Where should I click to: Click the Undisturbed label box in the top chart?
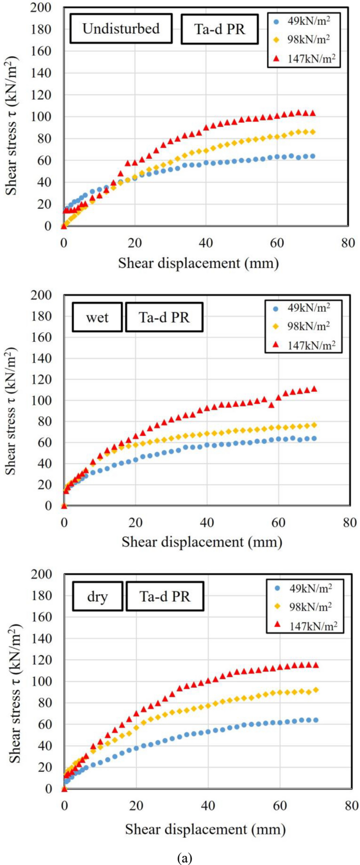(121, 28)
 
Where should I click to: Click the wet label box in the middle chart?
(97, 318)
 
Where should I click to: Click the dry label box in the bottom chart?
(97, 596)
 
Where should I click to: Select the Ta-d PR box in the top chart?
(220, 28)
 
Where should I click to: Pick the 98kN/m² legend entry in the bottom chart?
(305, 606)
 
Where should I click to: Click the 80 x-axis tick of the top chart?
(348, 243)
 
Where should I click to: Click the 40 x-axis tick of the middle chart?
(207, 522)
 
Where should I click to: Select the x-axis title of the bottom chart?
(205, 829)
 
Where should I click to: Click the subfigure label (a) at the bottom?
(185, 858)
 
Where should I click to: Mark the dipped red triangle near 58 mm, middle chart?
(271, 405)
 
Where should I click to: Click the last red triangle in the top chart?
(313, 113)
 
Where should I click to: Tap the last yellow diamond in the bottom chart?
(315, 690)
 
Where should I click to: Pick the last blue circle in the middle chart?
(314, 438)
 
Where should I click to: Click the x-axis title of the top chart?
(198, 262)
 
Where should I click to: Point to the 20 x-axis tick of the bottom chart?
(136, 806)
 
